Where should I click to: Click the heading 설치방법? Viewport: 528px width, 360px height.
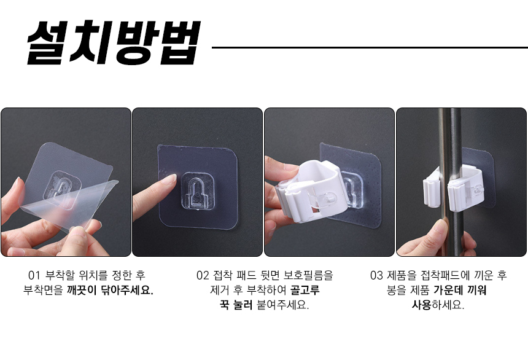(114, 43)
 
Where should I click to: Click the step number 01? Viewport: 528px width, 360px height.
(34, 275)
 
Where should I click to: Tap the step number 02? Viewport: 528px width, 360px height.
(203, 275)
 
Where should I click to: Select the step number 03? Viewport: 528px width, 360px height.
(376, 275)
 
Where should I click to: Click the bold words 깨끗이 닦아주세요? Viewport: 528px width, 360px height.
(110, 290)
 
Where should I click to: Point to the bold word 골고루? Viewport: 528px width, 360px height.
(305, 290)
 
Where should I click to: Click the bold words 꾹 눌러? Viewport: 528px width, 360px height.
(236, 305)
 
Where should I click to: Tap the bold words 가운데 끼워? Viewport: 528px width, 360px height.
(460, 290)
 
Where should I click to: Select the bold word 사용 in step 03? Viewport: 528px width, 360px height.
(422, 305)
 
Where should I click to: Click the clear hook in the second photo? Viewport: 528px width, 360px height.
(198, 191)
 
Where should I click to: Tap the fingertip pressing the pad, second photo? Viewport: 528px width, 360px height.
(171, 179)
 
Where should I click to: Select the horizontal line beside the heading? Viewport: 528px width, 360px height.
(370, 47)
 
